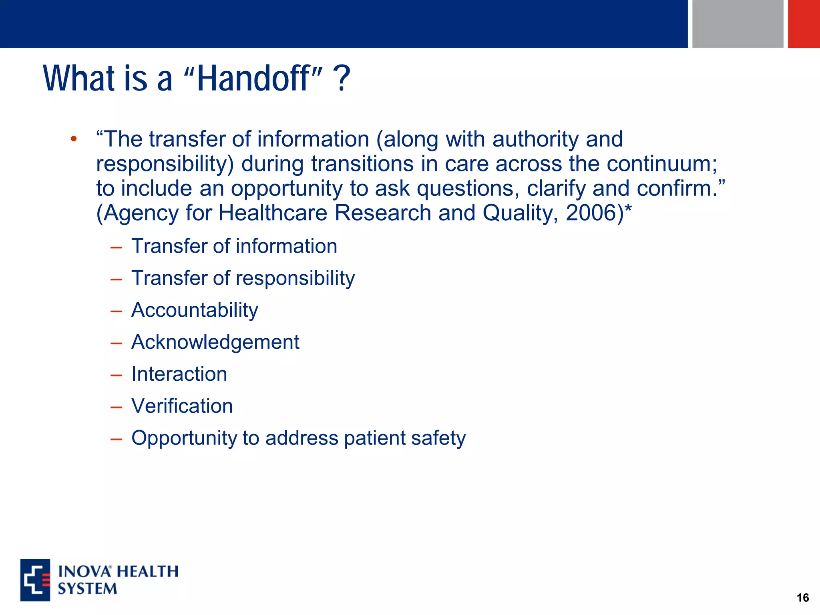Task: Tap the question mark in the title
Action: coord(343,78)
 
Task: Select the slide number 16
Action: coord(802,598)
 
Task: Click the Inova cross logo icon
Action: coord(35,580)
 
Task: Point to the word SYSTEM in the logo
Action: coord(87,589)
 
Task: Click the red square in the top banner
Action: coord(804,23)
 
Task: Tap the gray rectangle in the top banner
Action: coord(738,23)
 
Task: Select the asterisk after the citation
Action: coord(628,210)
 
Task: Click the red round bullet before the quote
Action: coord(73,139)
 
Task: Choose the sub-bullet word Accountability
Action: coord(195,310)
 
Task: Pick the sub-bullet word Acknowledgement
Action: coord(215,342)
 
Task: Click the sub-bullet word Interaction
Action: coord(179,374)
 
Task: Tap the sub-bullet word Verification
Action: coord(182,406)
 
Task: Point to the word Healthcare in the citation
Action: coord(273,213)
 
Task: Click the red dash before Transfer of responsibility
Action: coord(116,279)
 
